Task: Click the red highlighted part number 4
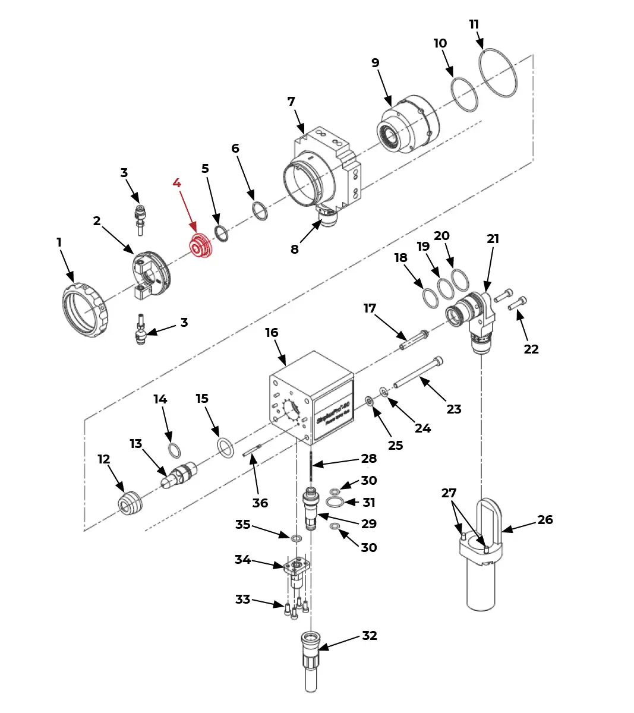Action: tap(176, 183)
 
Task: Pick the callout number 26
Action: tap(545, 520)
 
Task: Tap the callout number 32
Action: tap(370, 636)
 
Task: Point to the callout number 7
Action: tap(291, 102)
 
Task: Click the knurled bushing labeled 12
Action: tap(130, 504)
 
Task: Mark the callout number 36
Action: tap(260, 503)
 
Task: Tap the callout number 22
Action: tap(531, 349)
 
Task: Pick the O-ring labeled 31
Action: tap(335, 503)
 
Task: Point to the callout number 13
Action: tap(136, 444)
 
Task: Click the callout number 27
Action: tap(449, 493)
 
